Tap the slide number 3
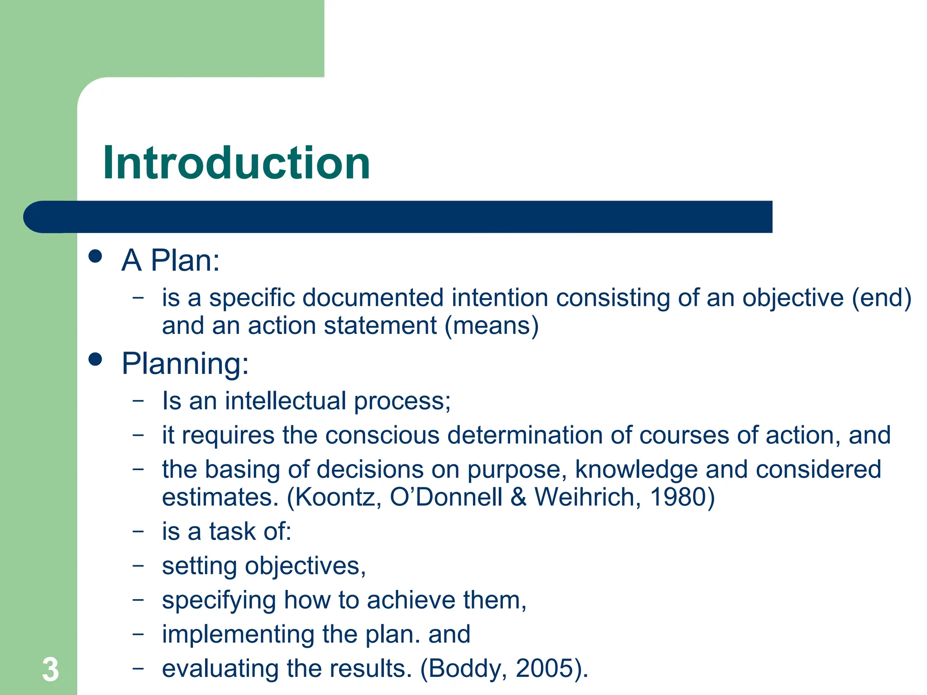[x=50, y=670]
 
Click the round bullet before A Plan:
[x=96, y=257]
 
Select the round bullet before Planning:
[x=96, y=360]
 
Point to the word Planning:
[x=185, y=363]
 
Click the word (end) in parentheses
[x=881, y=298]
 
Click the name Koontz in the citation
[x=335, y=497]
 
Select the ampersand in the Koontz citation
[x=519, y=497]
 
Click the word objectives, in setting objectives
[x=305, y=566]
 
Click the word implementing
[x=238, y=634]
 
